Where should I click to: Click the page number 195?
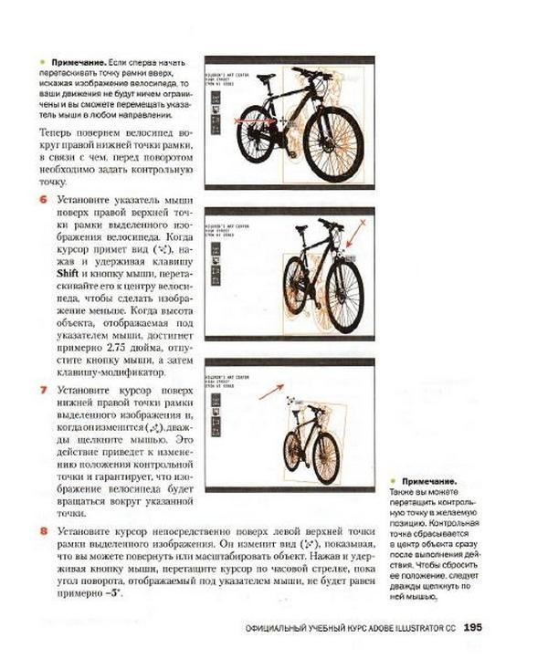point(472,627)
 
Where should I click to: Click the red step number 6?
point(43,198)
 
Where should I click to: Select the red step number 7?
point(43,390)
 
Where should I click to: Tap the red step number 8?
point(43,530)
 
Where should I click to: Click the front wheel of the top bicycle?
point(332,144)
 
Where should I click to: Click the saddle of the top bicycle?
point(266,78)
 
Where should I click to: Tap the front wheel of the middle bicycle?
point(343,295)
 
